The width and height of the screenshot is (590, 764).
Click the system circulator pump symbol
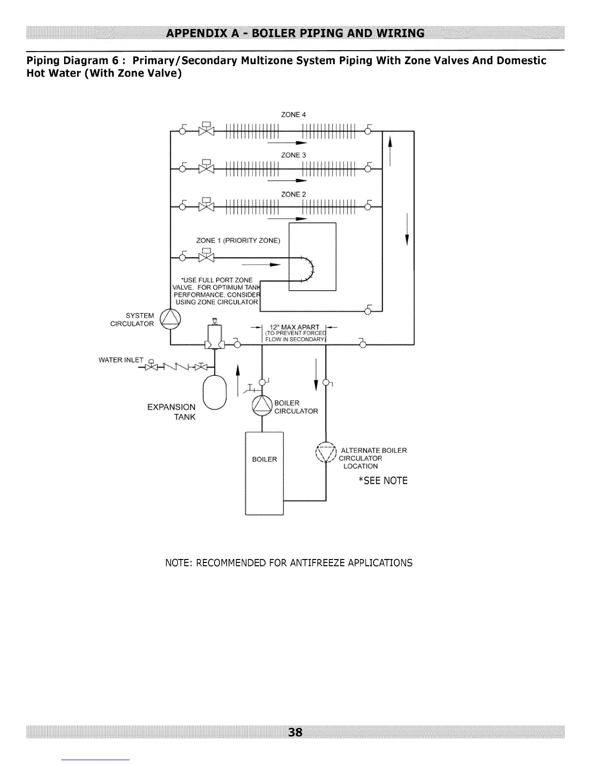click(171, 319)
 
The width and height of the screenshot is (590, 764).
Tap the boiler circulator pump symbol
click(262, 405)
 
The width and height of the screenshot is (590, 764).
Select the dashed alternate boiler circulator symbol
click(326, 452)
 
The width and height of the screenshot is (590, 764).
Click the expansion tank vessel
click(215, 393)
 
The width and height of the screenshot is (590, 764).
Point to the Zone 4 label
click(294, 115)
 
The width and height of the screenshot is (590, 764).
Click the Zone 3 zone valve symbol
click(206, 167)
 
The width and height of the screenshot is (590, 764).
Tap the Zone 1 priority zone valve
click(206, 256)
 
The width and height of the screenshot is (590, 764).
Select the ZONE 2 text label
click(294, 194)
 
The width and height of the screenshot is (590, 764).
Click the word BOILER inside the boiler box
click(265, 459)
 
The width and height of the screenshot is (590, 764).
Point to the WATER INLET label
click(121, 360)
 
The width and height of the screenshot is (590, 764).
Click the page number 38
click(295, 732)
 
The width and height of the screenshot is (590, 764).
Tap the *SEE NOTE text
click(383, 480)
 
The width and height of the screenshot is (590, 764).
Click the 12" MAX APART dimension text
click(295, 327)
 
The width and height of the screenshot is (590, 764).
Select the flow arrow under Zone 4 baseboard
click(287, 143)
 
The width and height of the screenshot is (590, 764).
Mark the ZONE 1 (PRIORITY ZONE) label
click(238, 241)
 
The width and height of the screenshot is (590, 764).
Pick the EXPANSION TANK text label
click(172, 412)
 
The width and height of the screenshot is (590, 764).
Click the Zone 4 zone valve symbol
click(206, 129)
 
